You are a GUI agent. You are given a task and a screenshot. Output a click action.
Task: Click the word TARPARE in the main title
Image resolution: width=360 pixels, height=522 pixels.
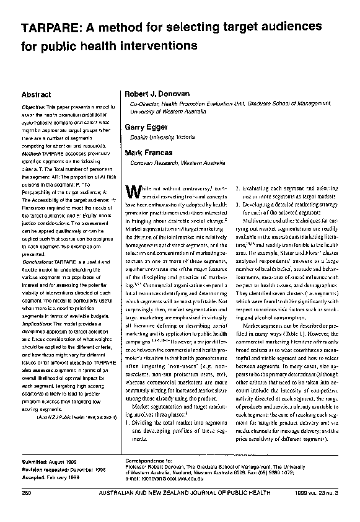pyautogui.click(x=46, y=30)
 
